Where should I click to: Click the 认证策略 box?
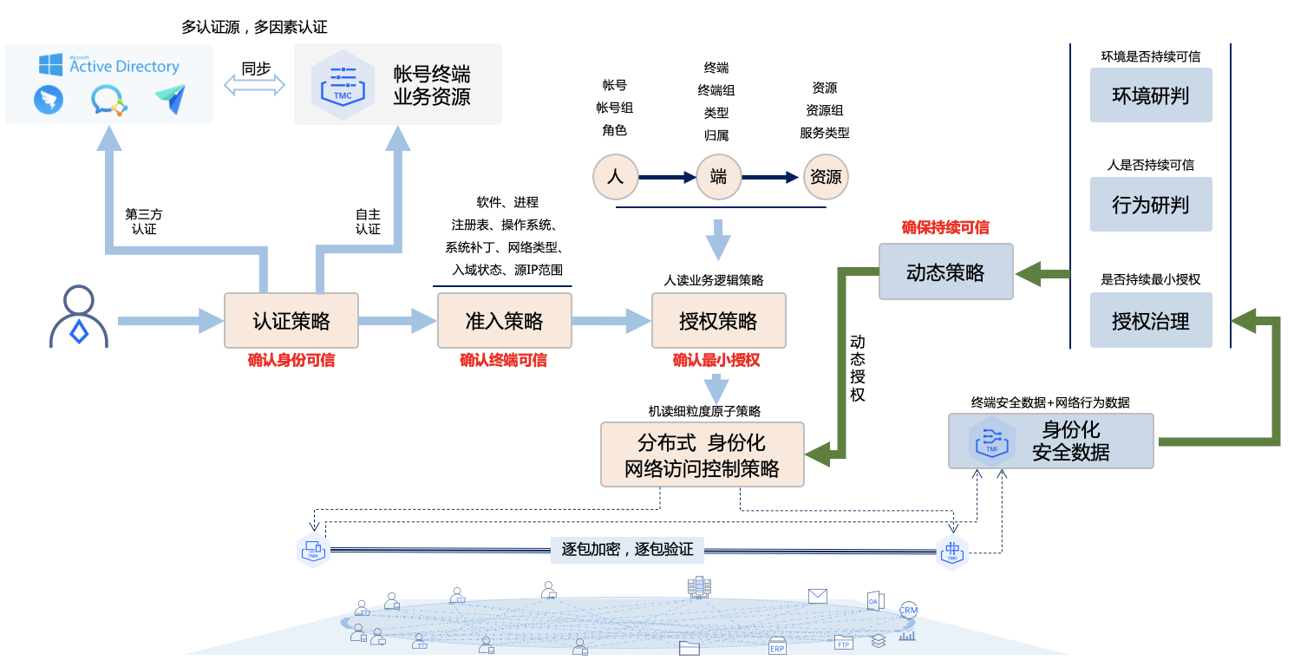point(291,321)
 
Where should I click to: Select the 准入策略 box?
point(504,321)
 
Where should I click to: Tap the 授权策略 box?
point(718,321)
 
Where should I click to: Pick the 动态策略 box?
point(945,272)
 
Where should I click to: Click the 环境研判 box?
point(1150,95)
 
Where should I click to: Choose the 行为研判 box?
point(1150,206)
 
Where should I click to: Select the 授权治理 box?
point(1150,322)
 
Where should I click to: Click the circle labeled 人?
point(615,177)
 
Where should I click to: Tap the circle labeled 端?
point(718,177)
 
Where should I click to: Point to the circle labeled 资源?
point(825,177)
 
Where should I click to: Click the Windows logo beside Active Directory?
point(50,65)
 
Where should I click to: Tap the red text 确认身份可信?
point(291,360)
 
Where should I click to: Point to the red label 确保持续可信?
point(945,228)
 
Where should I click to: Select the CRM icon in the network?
point(908,610)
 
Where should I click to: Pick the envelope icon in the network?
point(817,596)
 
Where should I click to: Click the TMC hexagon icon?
point(343,84)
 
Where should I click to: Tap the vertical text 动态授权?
point(857,368)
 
